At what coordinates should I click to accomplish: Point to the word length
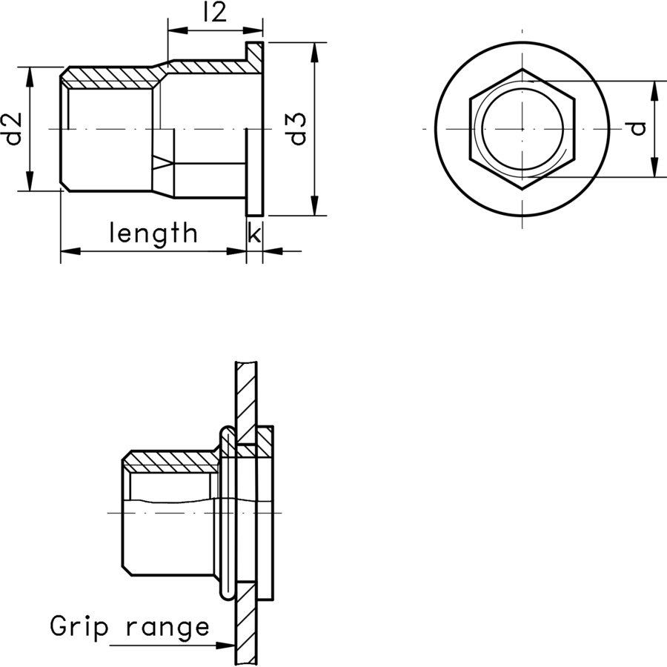pyautogui.click(x=154, y=233)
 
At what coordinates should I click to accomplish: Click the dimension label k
pyautogui.click(x=253, y=233)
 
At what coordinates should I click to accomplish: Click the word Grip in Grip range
pyautogui.click(x=79, y=627)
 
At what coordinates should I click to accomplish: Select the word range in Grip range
pyautogui.click(x=167, y=628)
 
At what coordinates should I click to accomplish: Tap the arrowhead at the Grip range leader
pyautogui.click(x=226, y=646)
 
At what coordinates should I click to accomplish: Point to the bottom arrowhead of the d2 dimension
pyautogui.click(x=30, y=182)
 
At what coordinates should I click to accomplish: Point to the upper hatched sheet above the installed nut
pyautogui.click(x=247, y=393)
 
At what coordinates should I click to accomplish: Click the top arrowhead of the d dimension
pyautogui.click(x=655, y=90)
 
